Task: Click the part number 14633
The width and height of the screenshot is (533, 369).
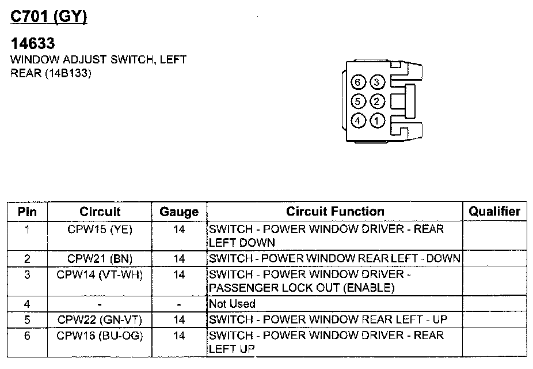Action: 33,44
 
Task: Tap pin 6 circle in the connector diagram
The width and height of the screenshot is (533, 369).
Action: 358,82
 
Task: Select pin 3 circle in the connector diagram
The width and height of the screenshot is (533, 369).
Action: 376,82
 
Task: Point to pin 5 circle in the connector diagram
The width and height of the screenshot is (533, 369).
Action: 358,101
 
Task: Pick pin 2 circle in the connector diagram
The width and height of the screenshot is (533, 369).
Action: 376,101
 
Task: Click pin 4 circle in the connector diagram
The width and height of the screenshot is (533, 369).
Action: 358,121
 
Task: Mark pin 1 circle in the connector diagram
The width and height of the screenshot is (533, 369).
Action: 376,121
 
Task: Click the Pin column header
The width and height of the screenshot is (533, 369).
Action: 27,212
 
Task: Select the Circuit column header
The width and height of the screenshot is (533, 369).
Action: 100,212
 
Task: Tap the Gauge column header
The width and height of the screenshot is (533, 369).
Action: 179,212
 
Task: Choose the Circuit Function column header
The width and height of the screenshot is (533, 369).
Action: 335,212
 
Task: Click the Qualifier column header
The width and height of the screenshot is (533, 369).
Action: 494,212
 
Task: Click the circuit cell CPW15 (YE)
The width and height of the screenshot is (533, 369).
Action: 100,229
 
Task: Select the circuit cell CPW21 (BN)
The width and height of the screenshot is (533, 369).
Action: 100,258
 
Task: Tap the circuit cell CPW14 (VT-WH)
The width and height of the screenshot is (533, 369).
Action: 100,274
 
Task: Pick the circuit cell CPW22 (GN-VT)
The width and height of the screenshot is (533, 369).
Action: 100,319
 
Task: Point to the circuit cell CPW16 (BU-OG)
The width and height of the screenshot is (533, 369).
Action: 100,336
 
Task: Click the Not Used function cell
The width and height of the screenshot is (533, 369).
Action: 232,304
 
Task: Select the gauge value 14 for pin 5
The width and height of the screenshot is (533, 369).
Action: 179,319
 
